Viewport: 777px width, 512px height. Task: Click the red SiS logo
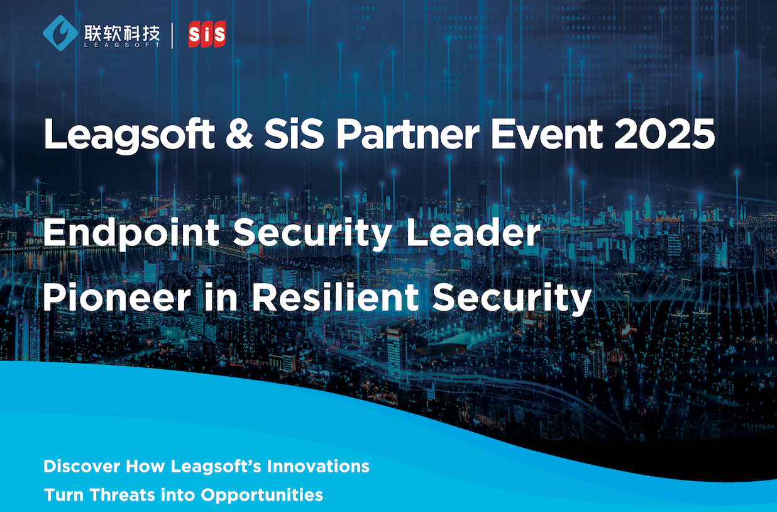[207, 35]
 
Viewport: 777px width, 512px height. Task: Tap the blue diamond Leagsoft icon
[61, 33]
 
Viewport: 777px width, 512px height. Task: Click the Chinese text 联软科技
[122, 33]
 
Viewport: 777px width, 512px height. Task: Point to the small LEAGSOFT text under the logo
[122, 45]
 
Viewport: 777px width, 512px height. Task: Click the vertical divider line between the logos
[172, 35]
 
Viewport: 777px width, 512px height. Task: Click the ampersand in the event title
[239, 134]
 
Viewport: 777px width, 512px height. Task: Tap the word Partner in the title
[408, 133]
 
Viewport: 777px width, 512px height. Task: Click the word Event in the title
[547, 133]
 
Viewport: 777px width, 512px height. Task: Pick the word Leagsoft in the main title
[129, 136]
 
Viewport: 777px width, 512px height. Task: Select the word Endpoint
[131, 233]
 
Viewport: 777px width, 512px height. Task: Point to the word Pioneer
[117, 298]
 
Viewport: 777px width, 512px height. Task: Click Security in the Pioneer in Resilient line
[512, 299]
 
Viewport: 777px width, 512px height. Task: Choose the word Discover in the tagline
[82, 466]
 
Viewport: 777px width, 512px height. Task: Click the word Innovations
[318, 466]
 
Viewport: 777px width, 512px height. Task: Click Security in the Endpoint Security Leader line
[312, 235]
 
